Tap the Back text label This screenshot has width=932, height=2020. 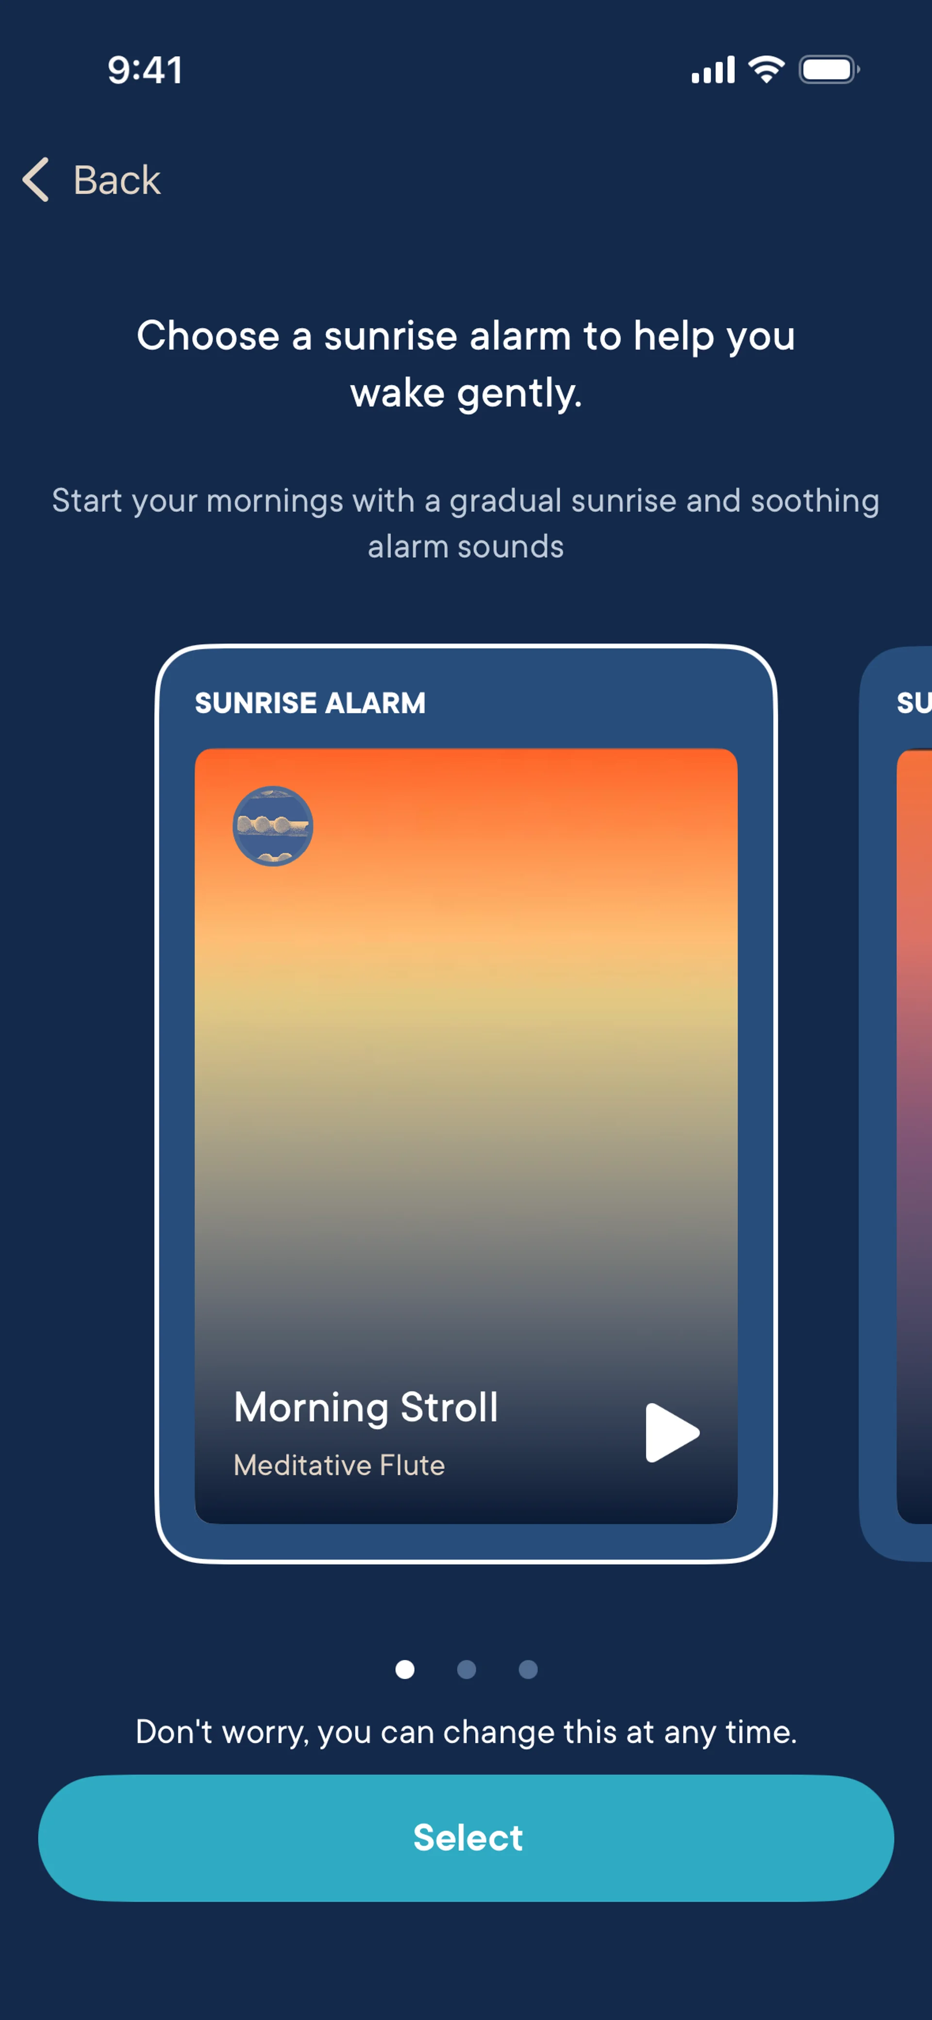click(x=117, y=181)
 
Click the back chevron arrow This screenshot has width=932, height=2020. click(x=35, y=180)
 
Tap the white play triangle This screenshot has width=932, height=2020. click(x=671, y=1433)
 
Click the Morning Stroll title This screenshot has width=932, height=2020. click(x=366, y=1407)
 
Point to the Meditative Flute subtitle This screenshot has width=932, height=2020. click(x=339, y=1465)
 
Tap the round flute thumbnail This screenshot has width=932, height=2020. click(x=273, y=826)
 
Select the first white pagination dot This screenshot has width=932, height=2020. click(x=405, y=1670)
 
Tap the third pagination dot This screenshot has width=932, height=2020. click(x=528, y=1670)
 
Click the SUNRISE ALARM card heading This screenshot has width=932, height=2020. click(x=310, y=703)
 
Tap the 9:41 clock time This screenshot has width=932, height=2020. click(x=145, y=70)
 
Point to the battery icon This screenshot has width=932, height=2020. click(x=829, y=70)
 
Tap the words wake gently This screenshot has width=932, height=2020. click(x=466, y=393)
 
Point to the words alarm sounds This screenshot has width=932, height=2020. click(x=466, y=546)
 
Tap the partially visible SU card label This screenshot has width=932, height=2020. click(x=914, y=703)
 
